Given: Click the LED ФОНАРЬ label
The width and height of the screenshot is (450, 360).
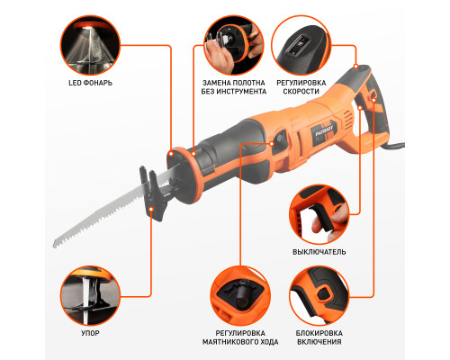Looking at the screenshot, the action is click(x=90, y=83).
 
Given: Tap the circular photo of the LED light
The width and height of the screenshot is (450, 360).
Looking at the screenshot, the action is click(x=90, y=45).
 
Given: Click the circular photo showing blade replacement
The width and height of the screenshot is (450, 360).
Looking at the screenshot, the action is click(x=234, y=45).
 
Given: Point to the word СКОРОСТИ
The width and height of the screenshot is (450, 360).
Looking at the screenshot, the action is click(x=301, y=92).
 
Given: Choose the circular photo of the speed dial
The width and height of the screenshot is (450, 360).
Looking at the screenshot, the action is click(x=301, y=45).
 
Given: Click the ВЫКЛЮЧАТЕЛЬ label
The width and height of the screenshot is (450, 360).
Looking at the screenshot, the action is click(x=319, y=252).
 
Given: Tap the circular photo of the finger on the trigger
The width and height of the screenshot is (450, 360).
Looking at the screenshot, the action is click(x=319, y=214).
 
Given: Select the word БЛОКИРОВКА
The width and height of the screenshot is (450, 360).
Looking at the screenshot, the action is click(x=319, y=333).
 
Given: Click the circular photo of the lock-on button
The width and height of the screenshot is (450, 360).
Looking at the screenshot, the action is click(x=319, y=295).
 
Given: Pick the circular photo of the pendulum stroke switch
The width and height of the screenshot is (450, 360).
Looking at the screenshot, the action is click(x=240, y=295).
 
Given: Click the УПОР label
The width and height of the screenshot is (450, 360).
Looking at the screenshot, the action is click(x=90, y=333).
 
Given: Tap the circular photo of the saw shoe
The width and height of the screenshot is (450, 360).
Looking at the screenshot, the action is click(x=90, y=295).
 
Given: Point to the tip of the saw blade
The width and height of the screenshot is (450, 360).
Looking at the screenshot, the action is click(x=54, y=246).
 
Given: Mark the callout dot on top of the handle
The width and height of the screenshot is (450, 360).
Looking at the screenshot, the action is click(x=355, y=67).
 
